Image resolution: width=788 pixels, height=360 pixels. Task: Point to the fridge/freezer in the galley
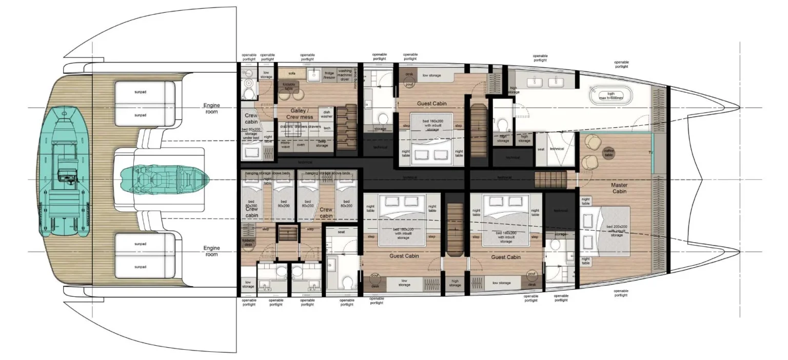329,76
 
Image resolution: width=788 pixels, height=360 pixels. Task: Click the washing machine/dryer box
345,75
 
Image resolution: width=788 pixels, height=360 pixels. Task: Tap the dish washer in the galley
326,114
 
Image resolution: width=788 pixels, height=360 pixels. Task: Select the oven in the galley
301,145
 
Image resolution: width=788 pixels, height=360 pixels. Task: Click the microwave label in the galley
285,145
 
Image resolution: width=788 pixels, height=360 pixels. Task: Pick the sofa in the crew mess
292,73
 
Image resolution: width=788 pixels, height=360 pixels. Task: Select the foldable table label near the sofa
288,86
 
